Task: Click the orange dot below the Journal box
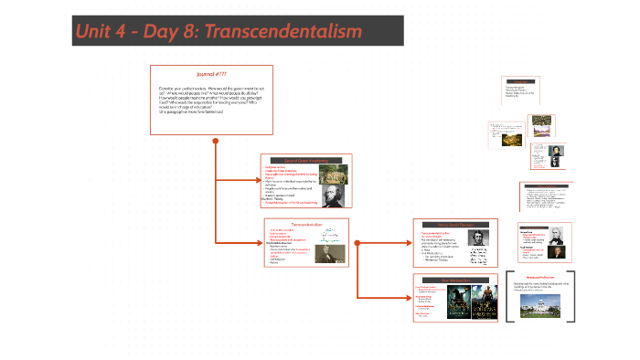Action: (215, 141)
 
